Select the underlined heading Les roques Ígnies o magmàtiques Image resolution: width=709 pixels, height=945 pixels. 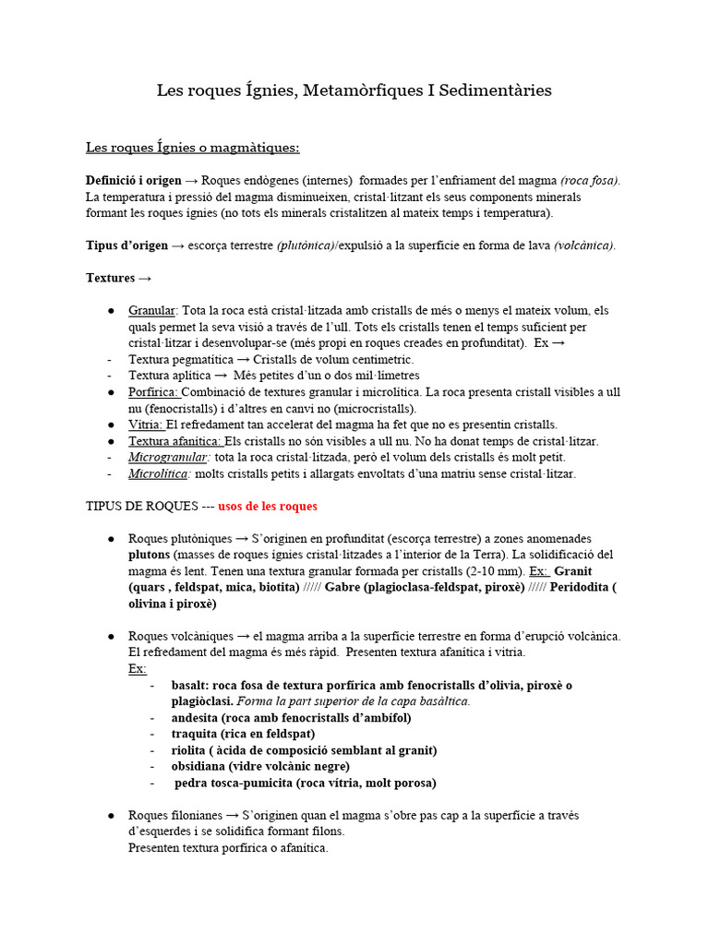tap(192, 148)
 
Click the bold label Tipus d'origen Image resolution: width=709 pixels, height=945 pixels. tap(127, 245)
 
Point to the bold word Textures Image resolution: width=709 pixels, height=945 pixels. tap(110, 278)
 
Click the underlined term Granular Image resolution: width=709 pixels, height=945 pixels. tap(152, 310)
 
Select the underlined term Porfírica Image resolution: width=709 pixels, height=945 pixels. tap(153, 392)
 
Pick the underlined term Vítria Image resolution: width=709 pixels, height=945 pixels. tap(146, 425)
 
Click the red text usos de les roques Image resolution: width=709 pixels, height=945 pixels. tap(268, 507)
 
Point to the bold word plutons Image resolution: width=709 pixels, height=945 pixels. tap(150, 555)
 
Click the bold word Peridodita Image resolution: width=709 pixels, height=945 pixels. tap(580, 588)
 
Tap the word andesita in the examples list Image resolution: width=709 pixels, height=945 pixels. tap(198, 717)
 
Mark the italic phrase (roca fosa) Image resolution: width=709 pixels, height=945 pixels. tap(591, 181)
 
